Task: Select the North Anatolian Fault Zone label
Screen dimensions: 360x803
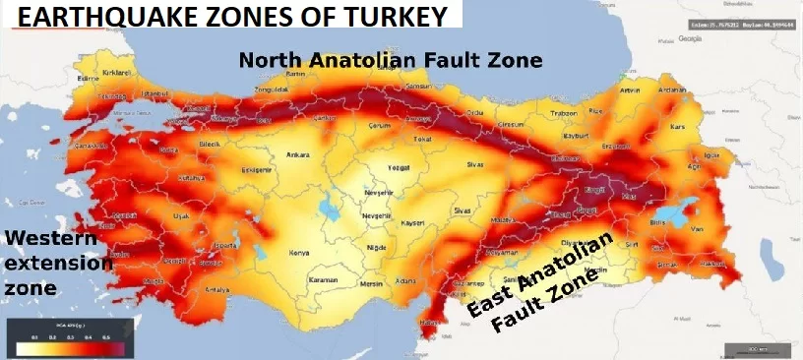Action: pyautogui.click(x=391, y=60)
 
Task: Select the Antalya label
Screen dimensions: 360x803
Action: pyautogui.click(x=216, y=290)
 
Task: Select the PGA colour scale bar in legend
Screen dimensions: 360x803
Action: pyautogui.click(x=69, y=347)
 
